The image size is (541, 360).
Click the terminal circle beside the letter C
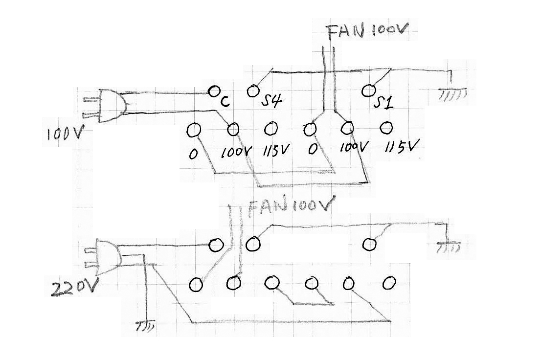(x=214, y=91)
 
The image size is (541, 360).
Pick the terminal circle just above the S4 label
(x=252, y=90)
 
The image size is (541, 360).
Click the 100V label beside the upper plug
(x=63, y=133)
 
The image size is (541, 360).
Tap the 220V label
(x=75, y=289)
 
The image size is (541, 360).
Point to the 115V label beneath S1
(x=403, y=147)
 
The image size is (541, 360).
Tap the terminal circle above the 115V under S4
(x=270, y=129)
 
